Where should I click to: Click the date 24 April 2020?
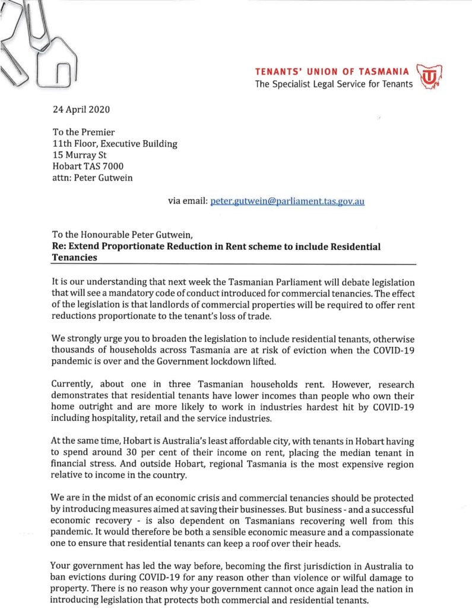[x=80, y=109]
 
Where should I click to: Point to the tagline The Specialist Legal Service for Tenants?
[x=334, y=84]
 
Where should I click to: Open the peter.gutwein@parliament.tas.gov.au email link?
[x=287, y=201]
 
